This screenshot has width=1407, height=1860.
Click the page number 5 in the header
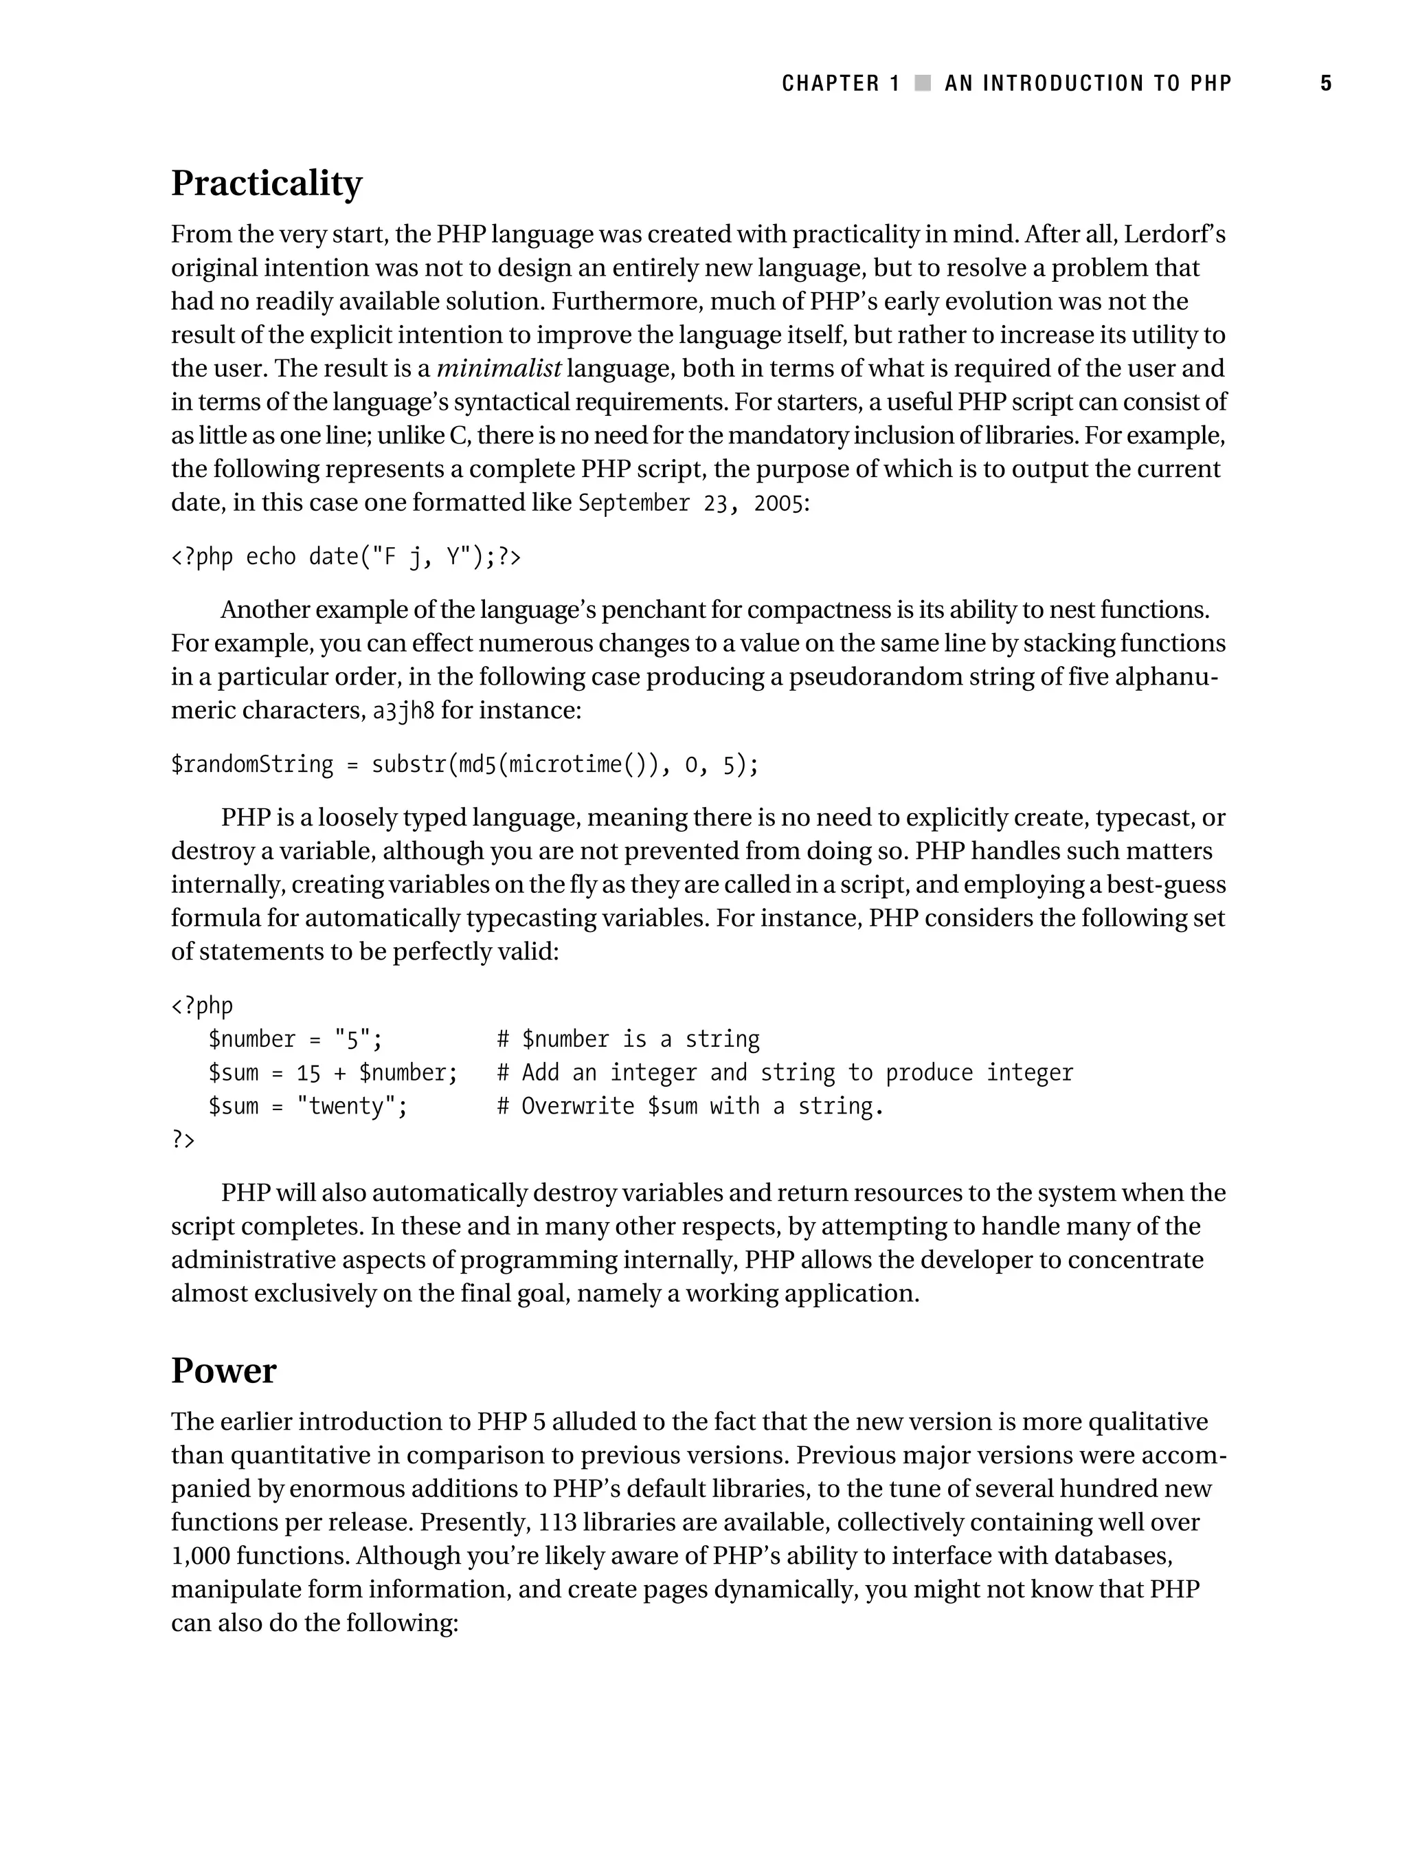[x=1325, y=83]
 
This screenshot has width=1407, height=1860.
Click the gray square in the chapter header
[x=923, y=83]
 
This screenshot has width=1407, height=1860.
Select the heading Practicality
[x=267, y=184]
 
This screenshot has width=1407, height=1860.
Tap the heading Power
[x=223, y=1371]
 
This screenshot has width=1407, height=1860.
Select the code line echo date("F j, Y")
[x=346, y=557]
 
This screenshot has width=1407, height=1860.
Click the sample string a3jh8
[x=403, y=711]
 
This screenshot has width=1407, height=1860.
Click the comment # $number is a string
[x=628, y=1039]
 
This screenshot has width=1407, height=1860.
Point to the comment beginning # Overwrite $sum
[x=689, y=1106]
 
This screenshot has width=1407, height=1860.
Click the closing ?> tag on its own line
[x=183, y=1140]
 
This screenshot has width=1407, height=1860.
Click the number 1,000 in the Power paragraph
[x=200, y=1555]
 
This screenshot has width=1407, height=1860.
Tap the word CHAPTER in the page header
[x=831, y=83]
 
